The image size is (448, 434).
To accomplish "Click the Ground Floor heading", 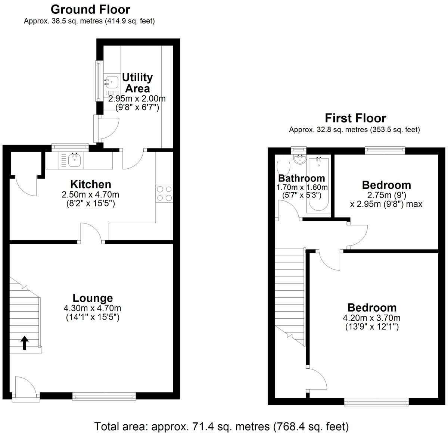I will tap(90, 9).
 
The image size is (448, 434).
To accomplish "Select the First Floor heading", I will tap(355, 118).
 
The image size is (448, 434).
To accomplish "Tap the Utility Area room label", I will tap(137, 83).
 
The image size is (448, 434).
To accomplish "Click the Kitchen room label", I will tap(91, 184).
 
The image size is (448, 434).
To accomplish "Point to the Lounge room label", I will tap(93, 298).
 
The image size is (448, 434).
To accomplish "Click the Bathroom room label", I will tap(301, 178).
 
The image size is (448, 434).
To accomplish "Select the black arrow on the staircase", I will tap(25, 343).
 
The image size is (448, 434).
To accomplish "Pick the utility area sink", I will tap(111, 80).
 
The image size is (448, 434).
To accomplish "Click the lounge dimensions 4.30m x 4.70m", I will tap(92, 308).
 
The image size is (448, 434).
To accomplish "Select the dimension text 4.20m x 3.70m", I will tap(371, 318).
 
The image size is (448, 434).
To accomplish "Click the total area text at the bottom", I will tap(221, 426).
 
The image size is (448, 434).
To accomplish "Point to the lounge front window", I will tap(104, 397).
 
